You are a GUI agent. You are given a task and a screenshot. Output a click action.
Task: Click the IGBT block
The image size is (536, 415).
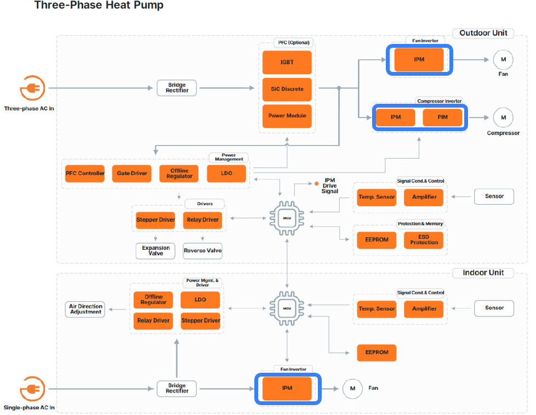[x=287, y=63]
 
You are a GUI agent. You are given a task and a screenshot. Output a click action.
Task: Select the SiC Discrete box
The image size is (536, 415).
[x=287, y=89]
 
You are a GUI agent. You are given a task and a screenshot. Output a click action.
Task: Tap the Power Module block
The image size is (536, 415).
[x=287, y=116]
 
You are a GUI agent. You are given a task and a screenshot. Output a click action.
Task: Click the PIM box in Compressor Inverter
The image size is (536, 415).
[x=442, y=117]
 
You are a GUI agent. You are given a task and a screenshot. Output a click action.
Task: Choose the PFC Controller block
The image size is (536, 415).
[x=85, y=173]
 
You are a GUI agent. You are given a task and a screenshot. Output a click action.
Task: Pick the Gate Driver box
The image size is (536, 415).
[x=132, y=173]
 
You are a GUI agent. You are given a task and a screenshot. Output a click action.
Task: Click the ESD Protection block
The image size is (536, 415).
[x=424, y=240]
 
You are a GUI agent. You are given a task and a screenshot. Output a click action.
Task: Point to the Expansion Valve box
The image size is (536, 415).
[x=156, y=251]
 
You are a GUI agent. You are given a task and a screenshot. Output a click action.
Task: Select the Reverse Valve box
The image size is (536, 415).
[x=203, y=251]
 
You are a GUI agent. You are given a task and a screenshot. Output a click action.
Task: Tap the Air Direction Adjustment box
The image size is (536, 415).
[x=85, y=309]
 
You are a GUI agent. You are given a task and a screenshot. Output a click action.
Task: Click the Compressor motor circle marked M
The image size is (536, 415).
[x=503, y=117]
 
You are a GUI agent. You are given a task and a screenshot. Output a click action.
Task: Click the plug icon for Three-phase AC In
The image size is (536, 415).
[x=32, y=88]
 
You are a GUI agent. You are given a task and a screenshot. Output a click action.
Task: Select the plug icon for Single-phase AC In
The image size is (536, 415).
[x=32, y=389]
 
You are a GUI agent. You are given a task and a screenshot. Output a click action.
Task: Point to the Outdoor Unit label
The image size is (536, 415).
[x=483, y=33]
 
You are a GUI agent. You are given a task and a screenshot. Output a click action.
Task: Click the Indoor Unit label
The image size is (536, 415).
[x=483, y=273]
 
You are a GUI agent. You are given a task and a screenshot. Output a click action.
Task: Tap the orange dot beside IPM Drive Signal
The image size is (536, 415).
[x=317, y=183]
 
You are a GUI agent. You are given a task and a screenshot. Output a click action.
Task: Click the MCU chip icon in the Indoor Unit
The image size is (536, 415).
[x=287, y=308]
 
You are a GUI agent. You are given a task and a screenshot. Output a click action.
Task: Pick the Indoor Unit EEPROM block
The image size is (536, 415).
[x=377, y=352]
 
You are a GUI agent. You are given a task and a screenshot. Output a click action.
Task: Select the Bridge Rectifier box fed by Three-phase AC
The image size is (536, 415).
[x=176, y=88]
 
